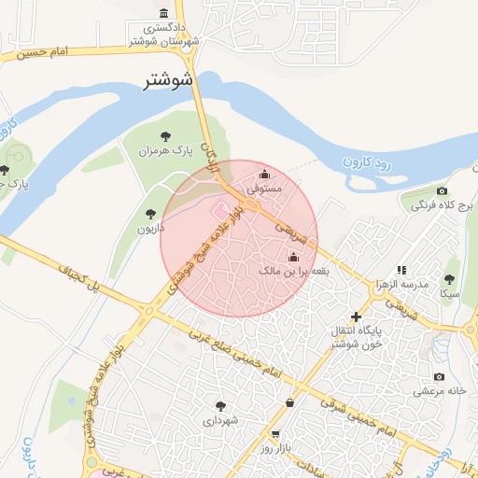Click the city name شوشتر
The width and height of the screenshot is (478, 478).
[x=168, y=80]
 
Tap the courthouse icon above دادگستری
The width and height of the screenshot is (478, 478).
[x=165, y=14]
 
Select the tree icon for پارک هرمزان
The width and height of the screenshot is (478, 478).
[x=167, y=136]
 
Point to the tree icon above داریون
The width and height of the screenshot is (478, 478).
[x=151, y=214]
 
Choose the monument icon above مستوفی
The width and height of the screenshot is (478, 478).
[x=264, y=174]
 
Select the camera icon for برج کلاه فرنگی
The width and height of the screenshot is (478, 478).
[x=442, y=191]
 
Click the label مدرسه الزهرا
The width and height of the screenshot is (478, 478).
[x=403, y=284]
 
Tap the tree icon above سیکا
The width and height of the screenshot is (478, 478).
[x=449, y=279]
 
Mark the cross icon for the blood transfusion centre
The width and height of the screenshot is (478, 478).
[x=356, y=317]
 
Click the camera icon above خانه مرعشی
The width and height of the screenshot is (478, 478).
[x=439, y=376]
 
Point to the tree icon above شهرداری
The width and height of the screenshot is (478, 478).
[x=221, y=406]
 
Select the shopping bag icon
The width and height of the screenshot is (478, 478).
[x=289, y=402]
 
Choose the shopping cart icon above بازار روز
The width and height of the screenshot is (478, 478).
[x=274, y=434]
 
